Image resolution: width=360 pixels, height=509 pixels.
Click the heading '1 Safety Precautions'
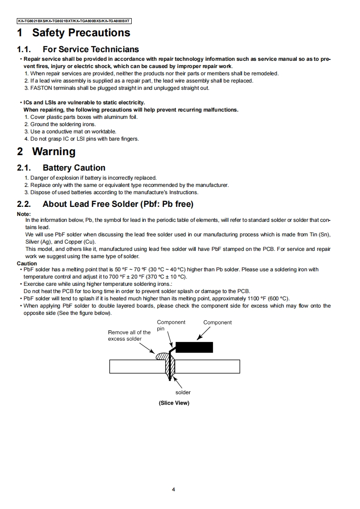[74, 33]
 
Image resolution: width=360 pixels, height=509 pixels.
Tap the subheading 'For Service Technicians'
[91, 49]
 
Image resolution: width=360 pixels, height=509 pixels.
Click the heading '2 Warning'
[46, 152]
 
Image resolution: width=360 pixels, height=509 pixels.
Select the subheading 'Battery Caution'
[74, 168]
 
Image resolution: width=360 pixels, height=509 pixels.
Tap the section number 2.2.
[24, 204]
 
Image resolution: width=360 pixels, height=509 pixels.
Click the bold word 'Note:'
[24, 214]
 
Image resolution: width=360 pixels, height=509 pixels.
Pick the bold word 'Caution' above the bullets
[27, 264]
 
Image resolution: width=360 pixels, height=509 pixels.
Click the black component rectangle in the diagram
[194, 347]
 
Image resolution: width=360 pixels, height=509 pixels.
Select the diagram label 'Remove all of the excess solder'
[129, 336]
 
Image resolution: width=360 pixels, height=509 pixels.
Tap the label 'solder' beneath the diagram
[183, 392]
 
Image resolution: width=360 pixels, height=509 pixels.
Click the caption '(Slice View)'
[174, 403]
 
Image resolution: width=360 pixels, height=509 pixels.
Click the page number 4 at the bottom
[174, 489]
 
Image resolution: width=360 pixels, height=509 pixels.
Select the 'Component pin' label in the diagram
[171, 325]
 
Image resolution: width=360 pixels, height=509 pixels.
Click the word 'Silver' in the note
[32, 242]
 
